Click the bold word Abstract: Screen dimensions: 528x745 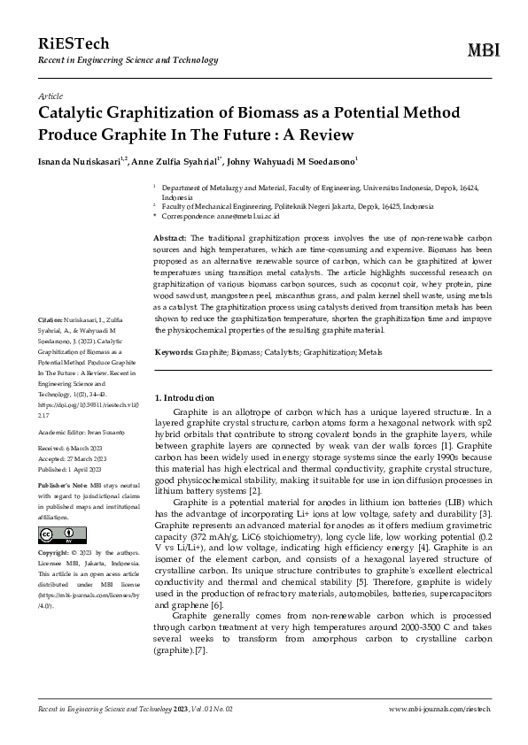tap(170, 239)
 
